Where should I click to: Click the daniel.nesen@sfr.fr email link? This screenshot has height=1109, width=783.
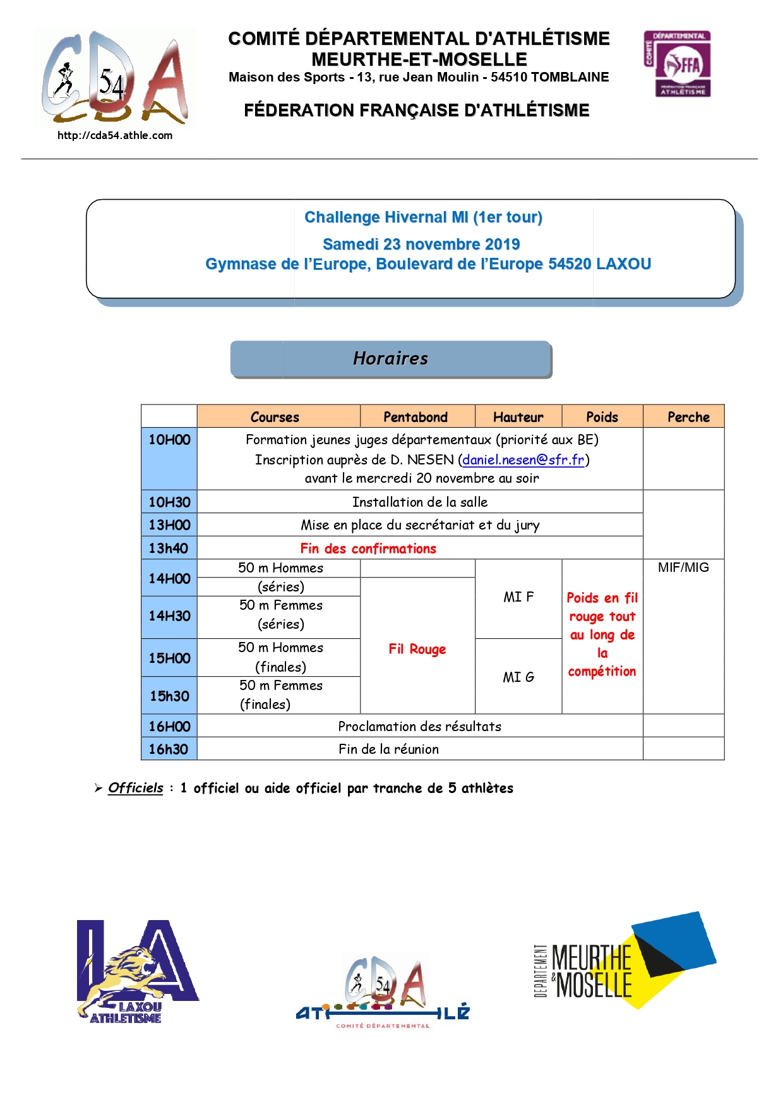[x=523, y=459]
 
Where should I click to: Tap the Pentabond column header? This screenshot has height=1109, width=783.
[x=415, y=417]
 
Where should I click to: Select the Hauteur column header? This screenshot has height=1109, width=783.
[x=518, y=417]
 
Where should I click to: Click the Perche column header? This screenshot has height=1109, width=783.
[x=688, y=417]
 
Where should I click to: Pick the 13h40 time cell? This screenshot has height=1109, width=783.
[x=169, y=548]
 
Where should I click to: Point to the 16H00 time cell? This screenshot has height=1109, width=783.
[x=169, y=726]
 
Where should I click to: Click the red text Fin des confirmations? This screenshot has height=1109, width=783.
[x=368, y=548]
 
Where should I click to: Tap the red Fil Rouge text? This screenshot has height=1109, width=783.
[x=417, y=649]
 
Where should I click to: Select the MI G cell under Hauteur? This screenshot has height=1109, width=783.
[x=518, y=677]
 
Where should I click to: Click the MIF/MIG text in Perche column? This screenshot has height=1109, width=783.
[x=683, y=567]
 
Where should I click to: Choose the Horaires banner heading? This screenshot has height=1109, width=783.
[x=390, y=358]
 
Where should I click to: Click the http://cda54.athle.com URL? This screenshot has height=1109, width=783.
[x=115, y=135]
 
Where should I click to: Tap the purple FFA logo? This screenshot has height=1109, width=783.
[x=677, y=64]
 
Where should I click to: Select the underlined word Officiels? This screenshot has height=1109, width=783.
[x=135, y=788]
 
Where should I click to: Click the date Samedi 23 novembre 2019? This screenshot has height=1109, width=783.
[x=421, y=244]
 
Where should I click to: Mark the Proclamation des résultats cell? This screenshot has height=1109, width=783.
[x=419, y=726]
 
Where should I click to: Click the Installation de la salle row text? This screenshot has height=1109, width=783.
[x=419, y=502]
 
